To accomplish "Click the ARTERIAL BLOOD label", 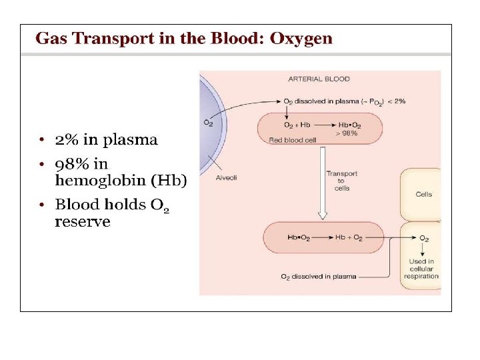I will click(319, 79).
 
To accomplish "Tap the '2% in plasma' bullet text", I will click(106, 140).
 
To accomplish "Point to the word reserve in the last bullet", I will click(82, 222).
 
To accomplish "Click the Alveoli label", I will click(226, 177).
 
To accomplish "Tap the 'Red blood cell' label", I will click(291, 140).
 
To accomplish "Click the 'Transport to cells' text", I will click(341, 181).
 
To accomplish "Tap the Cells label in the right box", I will click(423, 195).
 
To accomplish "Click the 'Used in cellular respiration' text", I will click(421, 269).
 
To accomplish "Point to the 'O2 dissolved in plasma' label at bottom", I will click(318, 276).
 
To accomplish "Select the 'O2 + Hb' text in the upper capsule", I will click(297, 125).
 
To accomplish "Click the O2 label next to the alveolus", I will click(209, 122).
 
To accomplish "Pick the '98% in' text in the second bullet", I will click(81, 163).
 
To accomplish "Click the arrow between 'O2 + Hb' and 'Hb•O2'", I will click(323, 125).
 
